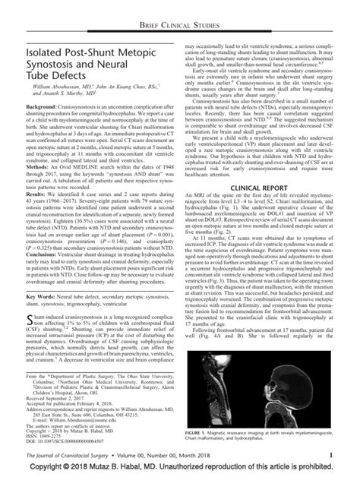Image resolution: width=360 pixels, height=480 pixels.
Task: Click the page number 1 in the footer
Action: pos(332,464)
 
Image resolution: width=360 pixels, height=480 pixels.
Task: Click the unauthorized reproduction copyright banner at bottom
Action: pos(180,474)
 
